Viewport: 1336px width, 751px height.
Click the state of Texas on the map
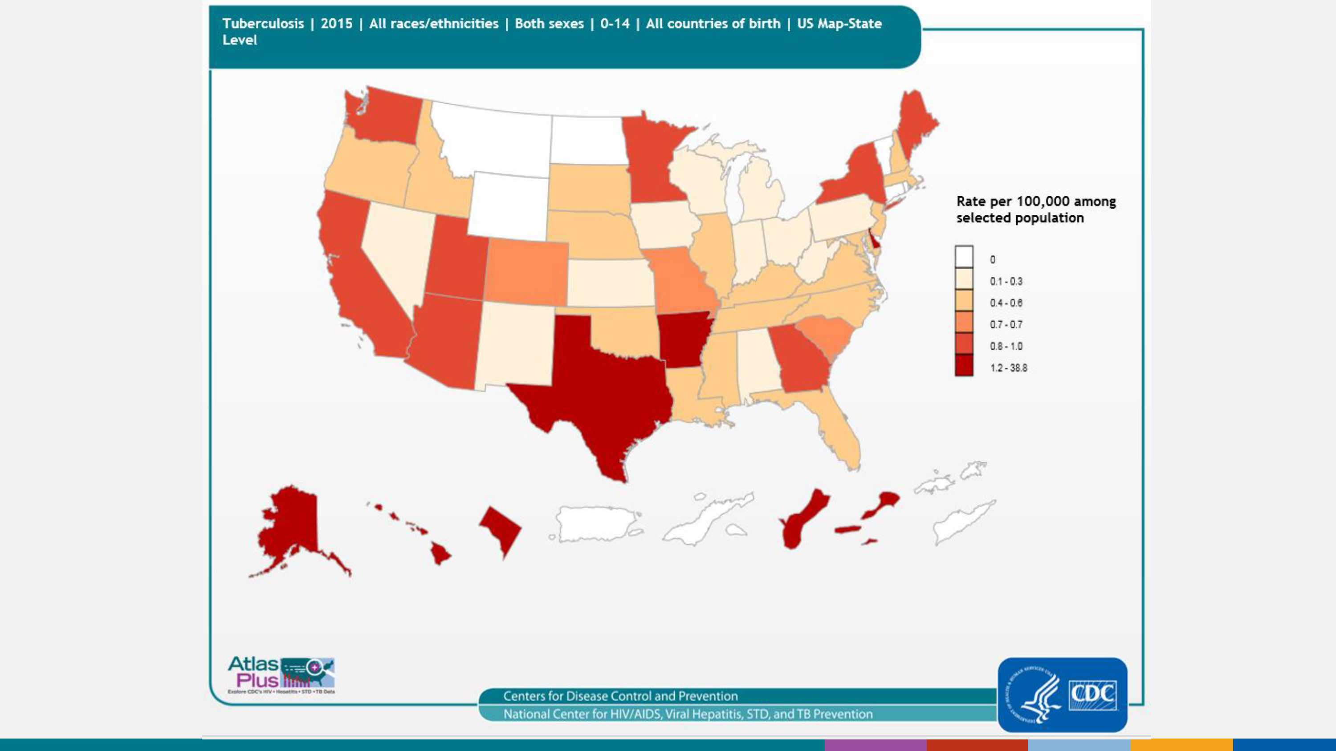[602, 384]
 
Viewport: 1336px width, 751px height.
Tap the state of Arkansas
[684, 339]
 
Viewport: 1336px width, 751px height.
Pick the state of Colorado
[526, 272]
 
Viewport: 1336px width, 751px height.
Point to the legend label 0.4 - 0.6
[1006, 303]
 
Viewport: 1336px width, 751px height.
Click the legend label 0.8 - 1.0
[1006, 346]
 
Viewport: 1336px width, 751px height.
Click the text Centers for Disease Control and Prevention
[620, 696]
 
